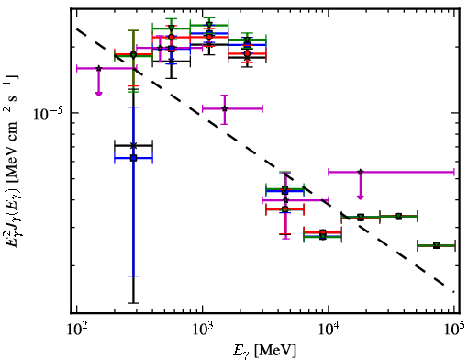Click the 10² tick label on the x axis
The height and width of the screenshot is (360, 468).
coord(77,331)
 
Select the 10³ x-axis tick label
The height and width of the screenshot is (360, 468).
coord(203,331)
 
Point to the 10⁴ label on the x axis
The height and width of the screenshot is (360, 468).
coord(329,331)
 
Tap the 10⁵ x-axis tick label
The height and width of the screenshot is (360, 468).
coord(455,331)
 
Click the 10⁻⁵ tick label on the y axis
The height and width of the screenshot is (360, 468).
coord(48,113)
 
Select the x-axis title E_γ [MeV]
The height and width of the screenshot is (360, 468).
coord(264,351)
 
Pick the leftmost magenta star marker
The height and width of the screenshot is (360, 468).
coord(98,68)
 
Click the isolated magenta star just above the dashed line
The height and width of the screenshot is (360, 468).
coord(225,108)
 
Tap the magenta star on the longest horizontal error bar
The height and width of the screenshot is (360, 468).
coord(361,172)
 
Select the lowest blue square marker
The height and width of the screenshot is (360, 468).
coord(133,158)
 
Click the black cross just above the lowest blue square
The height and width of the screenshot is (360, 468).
coord(133,145)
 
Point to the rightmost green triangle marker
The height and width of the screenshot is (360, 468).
coord(437,245)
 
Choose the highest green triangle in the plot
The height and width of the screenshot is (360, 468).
coord(209,25)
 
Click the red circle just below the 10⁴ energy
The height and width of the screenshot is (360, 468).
coord(322,232)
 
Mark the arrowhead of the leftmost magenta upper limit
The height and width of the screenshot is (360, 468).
coord(98,93)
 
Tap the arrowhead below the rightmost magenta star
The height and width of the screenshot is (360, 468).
coord(361,197)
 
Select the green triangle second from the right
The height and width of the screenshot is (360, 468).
coord(398,217)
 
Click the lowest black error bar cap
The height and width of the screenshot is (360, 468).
coord(133,303)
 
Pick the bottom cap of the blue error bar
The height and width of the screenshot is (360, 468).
coord(133,276)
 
